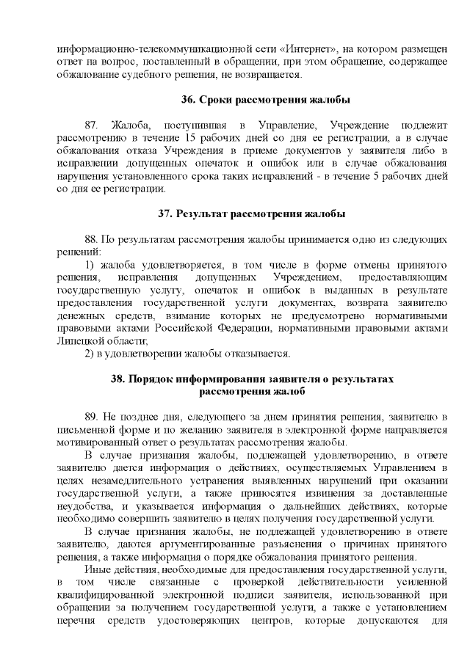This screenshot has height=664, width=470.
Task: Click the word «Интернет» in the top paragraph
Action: coord(308,48)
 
